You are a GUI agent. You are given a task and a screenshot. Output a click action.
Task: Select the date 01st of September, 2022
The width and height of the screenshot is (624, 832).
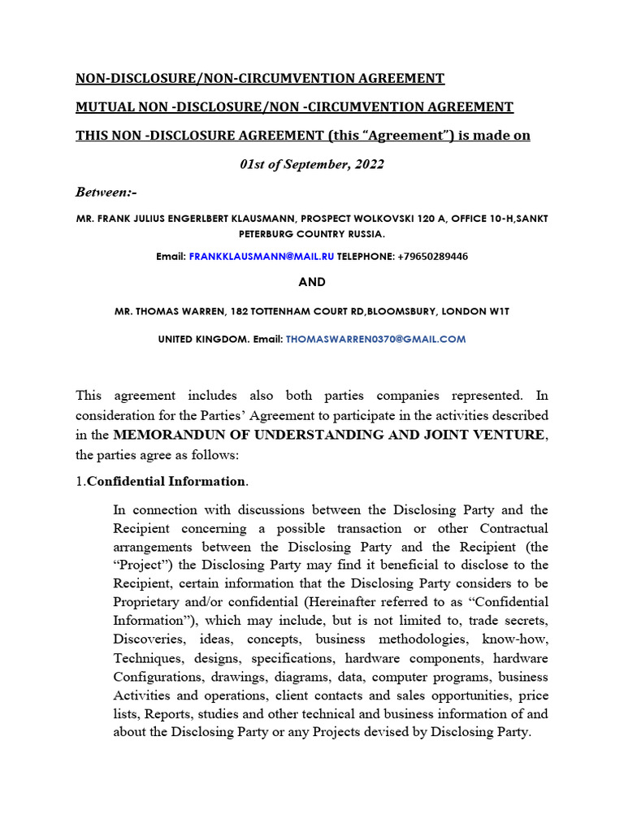[312, 164]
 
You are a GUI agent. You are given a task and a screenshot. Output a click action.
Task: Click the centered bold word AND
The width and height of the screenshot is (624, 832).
[312, 282]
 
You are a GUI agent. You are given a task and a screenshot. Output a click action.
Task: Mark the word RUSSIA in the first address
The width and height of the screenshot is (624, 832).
[366, 233]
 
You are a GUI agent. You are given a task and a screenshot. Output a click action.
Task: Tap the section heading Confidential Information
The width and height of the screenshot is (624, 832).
[166, 481]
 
